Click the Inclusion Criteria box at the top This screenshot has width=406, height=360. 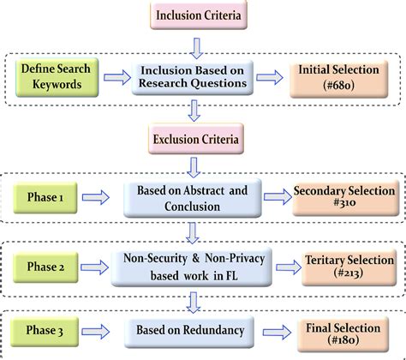[x=197, y=15]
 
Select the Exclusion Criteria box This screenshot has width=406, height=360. [x=197, y=137]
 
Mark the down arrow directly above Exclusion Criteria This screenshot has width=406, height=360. [x=197, y=110]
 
